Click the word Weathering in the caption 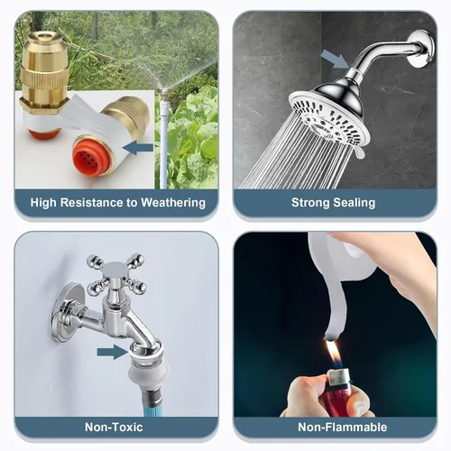(x=173, y=203)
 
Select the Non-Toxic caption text (x=114, y=427)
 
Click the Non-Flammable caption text (x=342, y=427)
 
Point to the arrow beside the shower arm (x=335, y=60)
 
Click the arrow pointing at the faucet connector (x=112, y=352)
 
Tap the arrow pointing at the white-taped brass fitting (x=138, y=148)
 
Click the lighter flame (x=333, y=354)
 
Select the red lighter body (x=336, y=400)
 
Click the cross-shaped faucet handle (x=116, y=274)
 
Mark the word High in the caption (x=43, y=203)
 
